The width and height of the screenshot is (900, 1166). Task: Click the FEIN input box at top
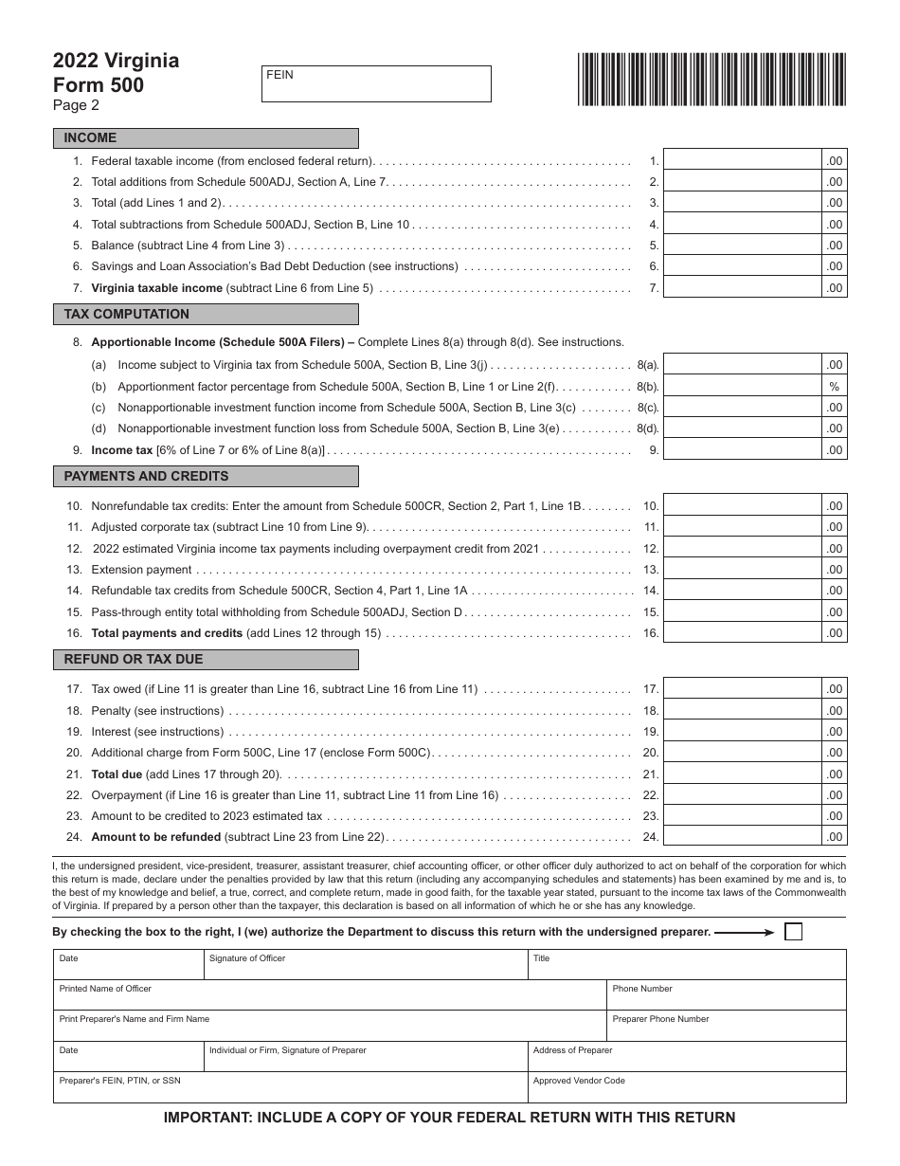coord(376,83)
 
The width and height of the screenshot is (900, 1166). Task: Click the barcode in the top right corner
coord(711,79)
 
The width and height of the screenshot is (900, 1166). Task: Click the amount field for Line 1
coord(742,160)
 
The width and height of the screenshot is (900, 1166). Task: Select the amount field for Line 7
coord(742,287)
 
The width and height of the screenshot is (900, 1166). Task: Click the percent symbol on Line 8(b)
coord(834,387)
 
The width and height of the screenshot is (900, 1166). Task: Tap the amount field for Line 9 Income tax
coord(742,449)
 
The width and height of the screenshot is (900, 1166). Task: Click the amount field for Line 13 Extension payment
coord(742,569)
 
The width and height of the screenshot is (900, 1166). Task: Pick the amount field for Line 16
coord(742,632)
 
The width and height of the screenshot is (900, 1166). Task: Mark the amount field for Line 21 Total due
coord(742,774)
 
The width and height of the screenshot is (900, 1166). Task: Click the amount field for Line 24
coord(742,836)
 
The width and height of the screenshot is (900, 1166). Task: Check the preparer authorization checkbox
coord(793,932)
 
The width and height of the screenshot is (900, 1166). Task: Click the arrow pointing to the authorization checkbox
coord(745,932)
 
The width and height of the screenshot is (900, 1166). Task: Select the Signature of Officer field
coord(365,965)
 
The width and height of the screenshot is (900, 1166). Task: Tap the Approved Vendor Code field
coord(686,1088)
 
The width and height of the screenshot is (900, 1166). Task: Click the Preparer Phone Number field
coord(726,1027)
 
